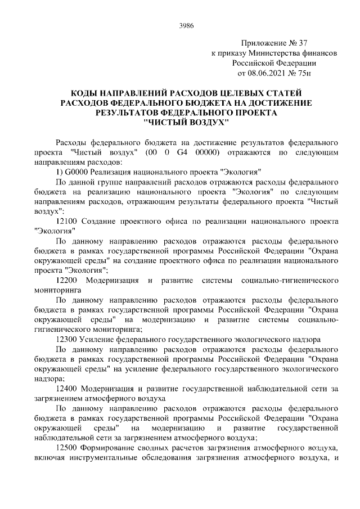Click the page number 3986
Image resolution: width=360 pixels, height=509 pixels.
[x=186, y=25]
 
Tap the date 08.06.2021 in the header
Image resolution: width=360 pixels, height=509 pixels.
[x=267, y=73]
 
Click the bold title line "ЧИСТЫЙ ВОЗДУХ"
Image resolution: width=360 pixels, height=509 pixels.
[x=186, y=122]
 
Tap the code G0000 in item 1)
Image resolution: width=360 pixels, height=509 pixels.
[x=78, y=172]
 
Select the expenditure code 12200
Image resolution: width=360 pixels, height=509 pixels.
[x=68, y=280]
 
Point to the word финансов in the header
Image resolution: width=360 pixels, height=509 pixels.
[x=321, y=53]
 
